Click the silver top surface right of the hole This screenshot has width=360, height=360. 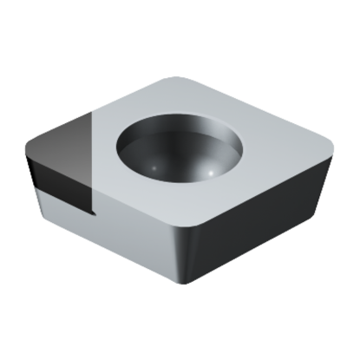tap(273, 160)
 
